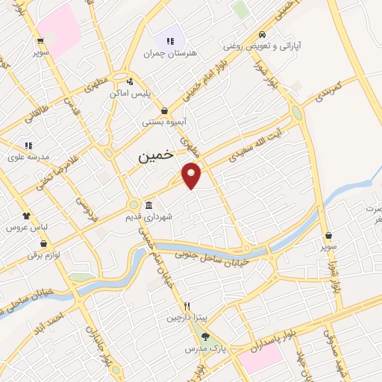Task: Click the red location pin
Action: pyautogui.click(x=192, y=176)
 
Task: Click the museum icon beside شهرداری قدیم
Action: pyautogui.click(x=149, y=205)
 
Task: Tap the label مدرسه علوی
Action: pyautogui.click(x=28, y=157)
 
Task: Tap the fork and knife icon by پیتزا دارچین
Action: pyautogui.click(x=188, y=306)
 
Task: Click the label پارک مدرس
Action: pyautogui.click(x=205, y=348)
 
